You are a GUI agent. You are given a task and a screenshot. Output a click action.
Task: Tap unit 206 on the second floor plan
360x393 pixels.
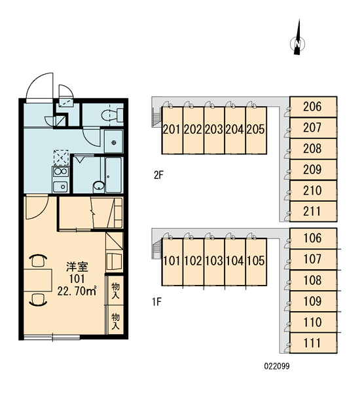[x=313, y=107]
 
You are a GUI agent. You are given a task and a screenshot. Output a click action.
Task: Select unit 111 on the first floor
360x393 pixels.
[x=313, y=343]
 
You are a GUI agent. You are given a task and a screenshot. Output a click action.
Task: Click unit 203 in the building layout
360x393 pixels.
[x=214, y=130]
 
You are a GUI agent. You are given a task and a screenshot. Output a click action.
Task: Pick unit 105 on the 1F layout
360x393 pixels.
[x=256, y=261]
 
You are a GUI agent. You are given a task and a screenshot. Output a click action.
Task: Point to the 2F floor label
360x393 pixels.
[x=158, y=175]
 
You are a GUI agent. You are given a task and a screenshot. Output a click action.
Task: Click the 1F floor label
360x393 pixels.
[x=157, y=302]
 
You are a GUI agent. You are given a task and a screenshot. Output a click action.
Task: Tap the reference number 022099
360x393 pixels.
[x=277, y=366]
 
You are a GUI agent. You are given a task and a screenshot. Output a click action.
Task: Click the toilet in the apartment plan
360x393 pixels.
[x=113, y=115]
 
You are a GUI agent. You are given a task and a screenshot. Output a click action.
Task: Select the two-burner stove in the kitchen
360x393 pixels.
[x=60, y=172]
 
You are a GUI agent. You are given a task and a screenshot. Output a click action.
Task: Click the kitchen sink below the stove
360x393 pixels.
[x=60, y=186]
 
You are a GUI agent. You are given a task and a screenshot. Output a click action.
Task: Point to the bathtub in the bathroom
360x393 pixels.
[x=113, y=175]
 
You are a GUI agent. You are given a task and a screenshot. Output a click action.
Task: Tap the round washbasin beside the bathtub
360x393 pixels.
[x=99, y=186]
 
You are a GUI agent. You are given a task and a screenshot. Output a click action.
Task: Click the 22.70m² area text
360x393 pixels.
[x=77, y=291]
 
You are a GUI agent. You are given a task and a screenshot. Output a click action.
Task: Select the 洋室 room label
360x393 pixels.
[x=77, y=267]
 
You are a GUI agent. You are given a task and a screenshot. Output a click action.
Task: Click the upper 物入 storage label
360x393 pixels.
[x=115, y=290]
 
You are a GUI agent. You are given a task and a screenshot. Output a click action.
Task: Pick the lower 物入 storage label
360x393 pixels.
[x=115, y=321]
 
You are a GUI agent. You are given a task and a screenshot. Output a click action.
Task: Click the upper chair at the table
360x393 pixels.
[x=38, y=261]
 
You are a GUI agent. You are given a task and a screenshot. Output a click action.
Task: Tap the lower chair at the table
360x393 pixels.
[x=38, y=300]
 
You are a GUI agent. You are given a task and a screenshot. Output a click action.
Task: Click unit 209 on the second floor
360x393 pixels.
[x=313, y=170]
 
